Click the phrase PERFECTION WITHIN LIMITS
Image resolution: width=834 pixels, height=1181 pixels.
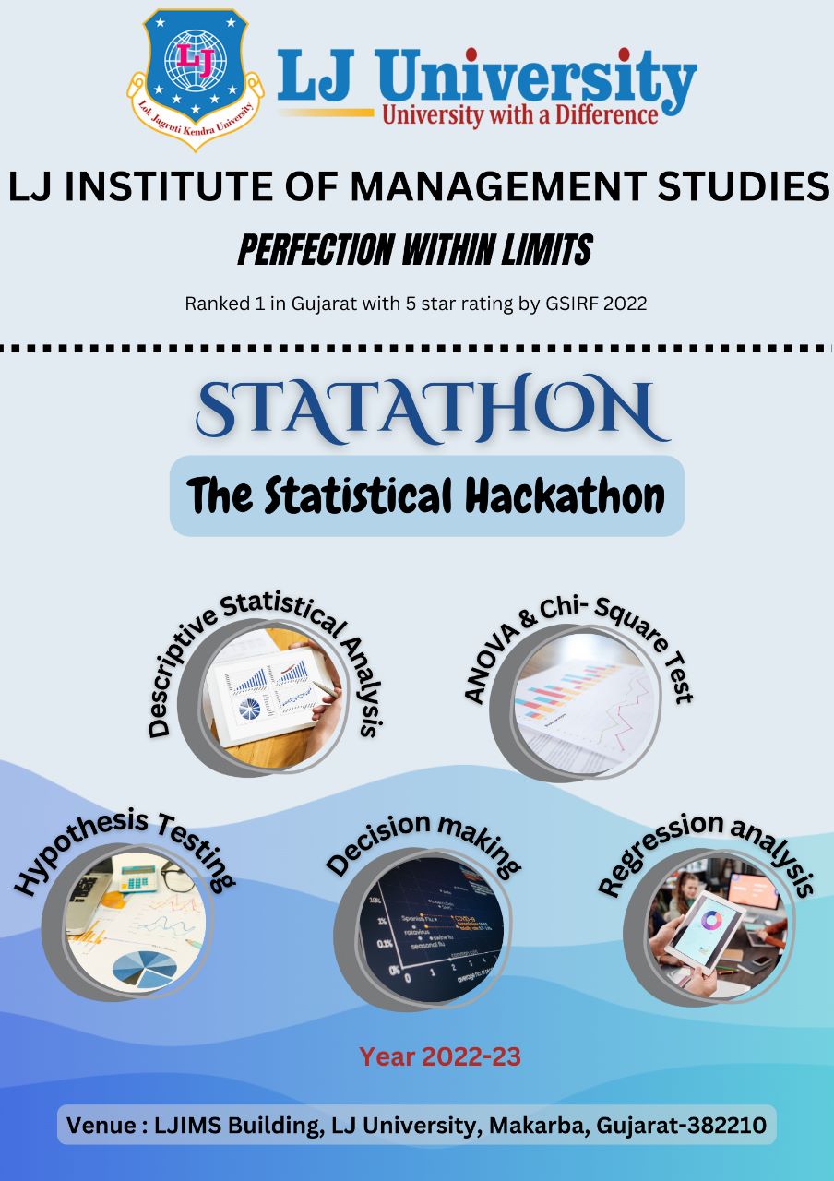click(x=415, y=249)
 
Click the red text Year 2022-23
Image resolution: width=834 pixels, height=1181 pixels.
click(x=440, y=1057)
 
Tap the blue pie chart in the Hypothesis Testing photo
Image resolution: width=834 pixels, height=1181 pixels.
click(x=144, y=969)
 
